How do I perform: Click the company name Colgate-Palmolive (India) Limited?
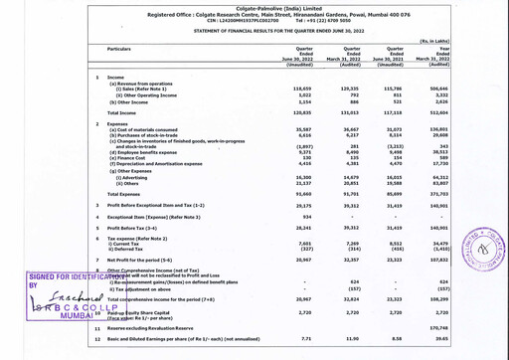point(254,6)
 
